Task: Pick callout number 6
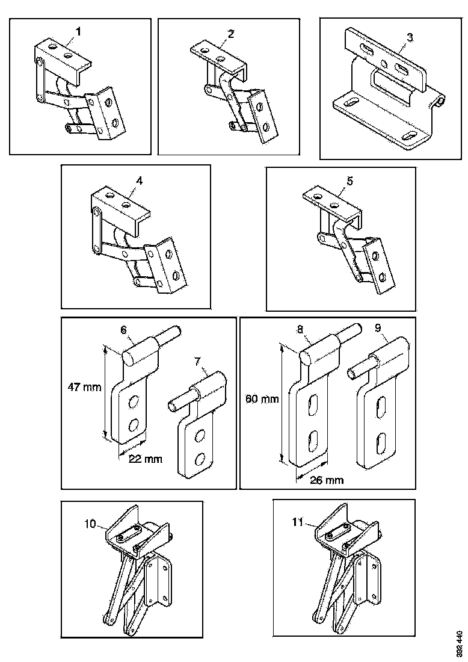pyautogui.click(x=123, y=330)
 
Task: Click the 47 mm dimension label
pyautogui.click(x=83, y=386)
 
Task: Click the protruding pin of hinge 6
pyautogui.click(x=172, y=333)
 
